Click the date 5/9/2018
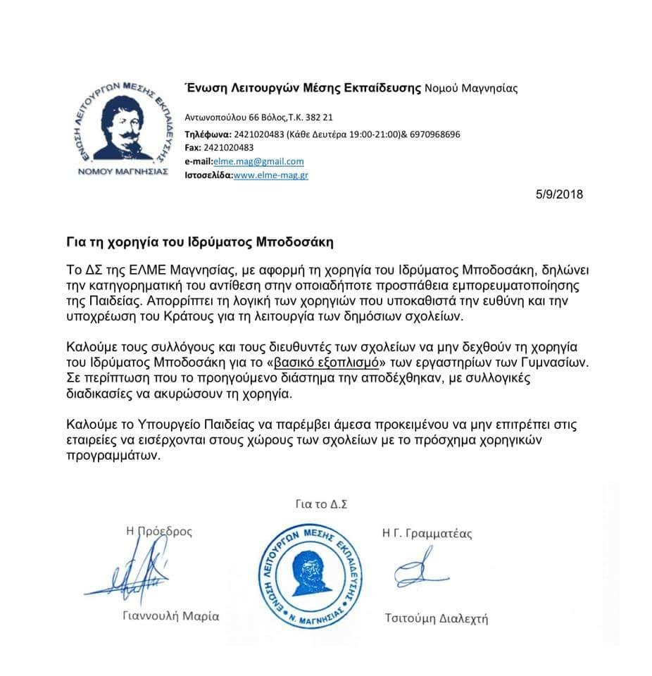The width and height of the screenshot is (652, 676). (559, 194)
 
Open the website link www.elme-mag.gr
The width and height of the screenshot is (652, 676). (271, 175)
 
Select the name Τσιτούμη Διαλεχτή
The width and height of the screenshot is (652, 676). (436, 619)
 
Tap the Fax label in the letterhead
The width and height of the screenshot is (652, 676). (192, 148)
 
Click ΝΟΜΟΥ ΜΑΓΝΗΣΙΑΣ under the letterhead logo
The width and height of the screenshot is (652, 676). (122, 172)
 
